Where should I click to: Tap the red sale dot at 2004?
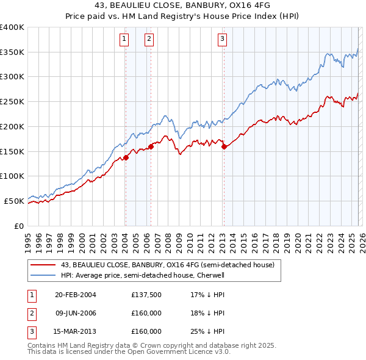(x=126, y=157)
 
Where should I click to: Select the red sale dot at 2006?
(x=151, y=146)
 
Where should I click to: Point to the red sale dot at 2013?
(x=223, y=146)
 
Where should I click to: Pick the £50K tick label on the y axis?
(x=14, y=201)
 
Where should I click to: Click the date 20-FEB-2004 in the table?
(x=76, y=295)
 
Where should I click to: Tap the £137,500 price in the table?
(x=146, y=295)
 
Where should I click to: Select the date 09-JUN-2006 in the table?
(x=76, y=313)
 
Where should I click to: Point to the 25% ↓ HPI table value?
(x=208, y=331)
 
